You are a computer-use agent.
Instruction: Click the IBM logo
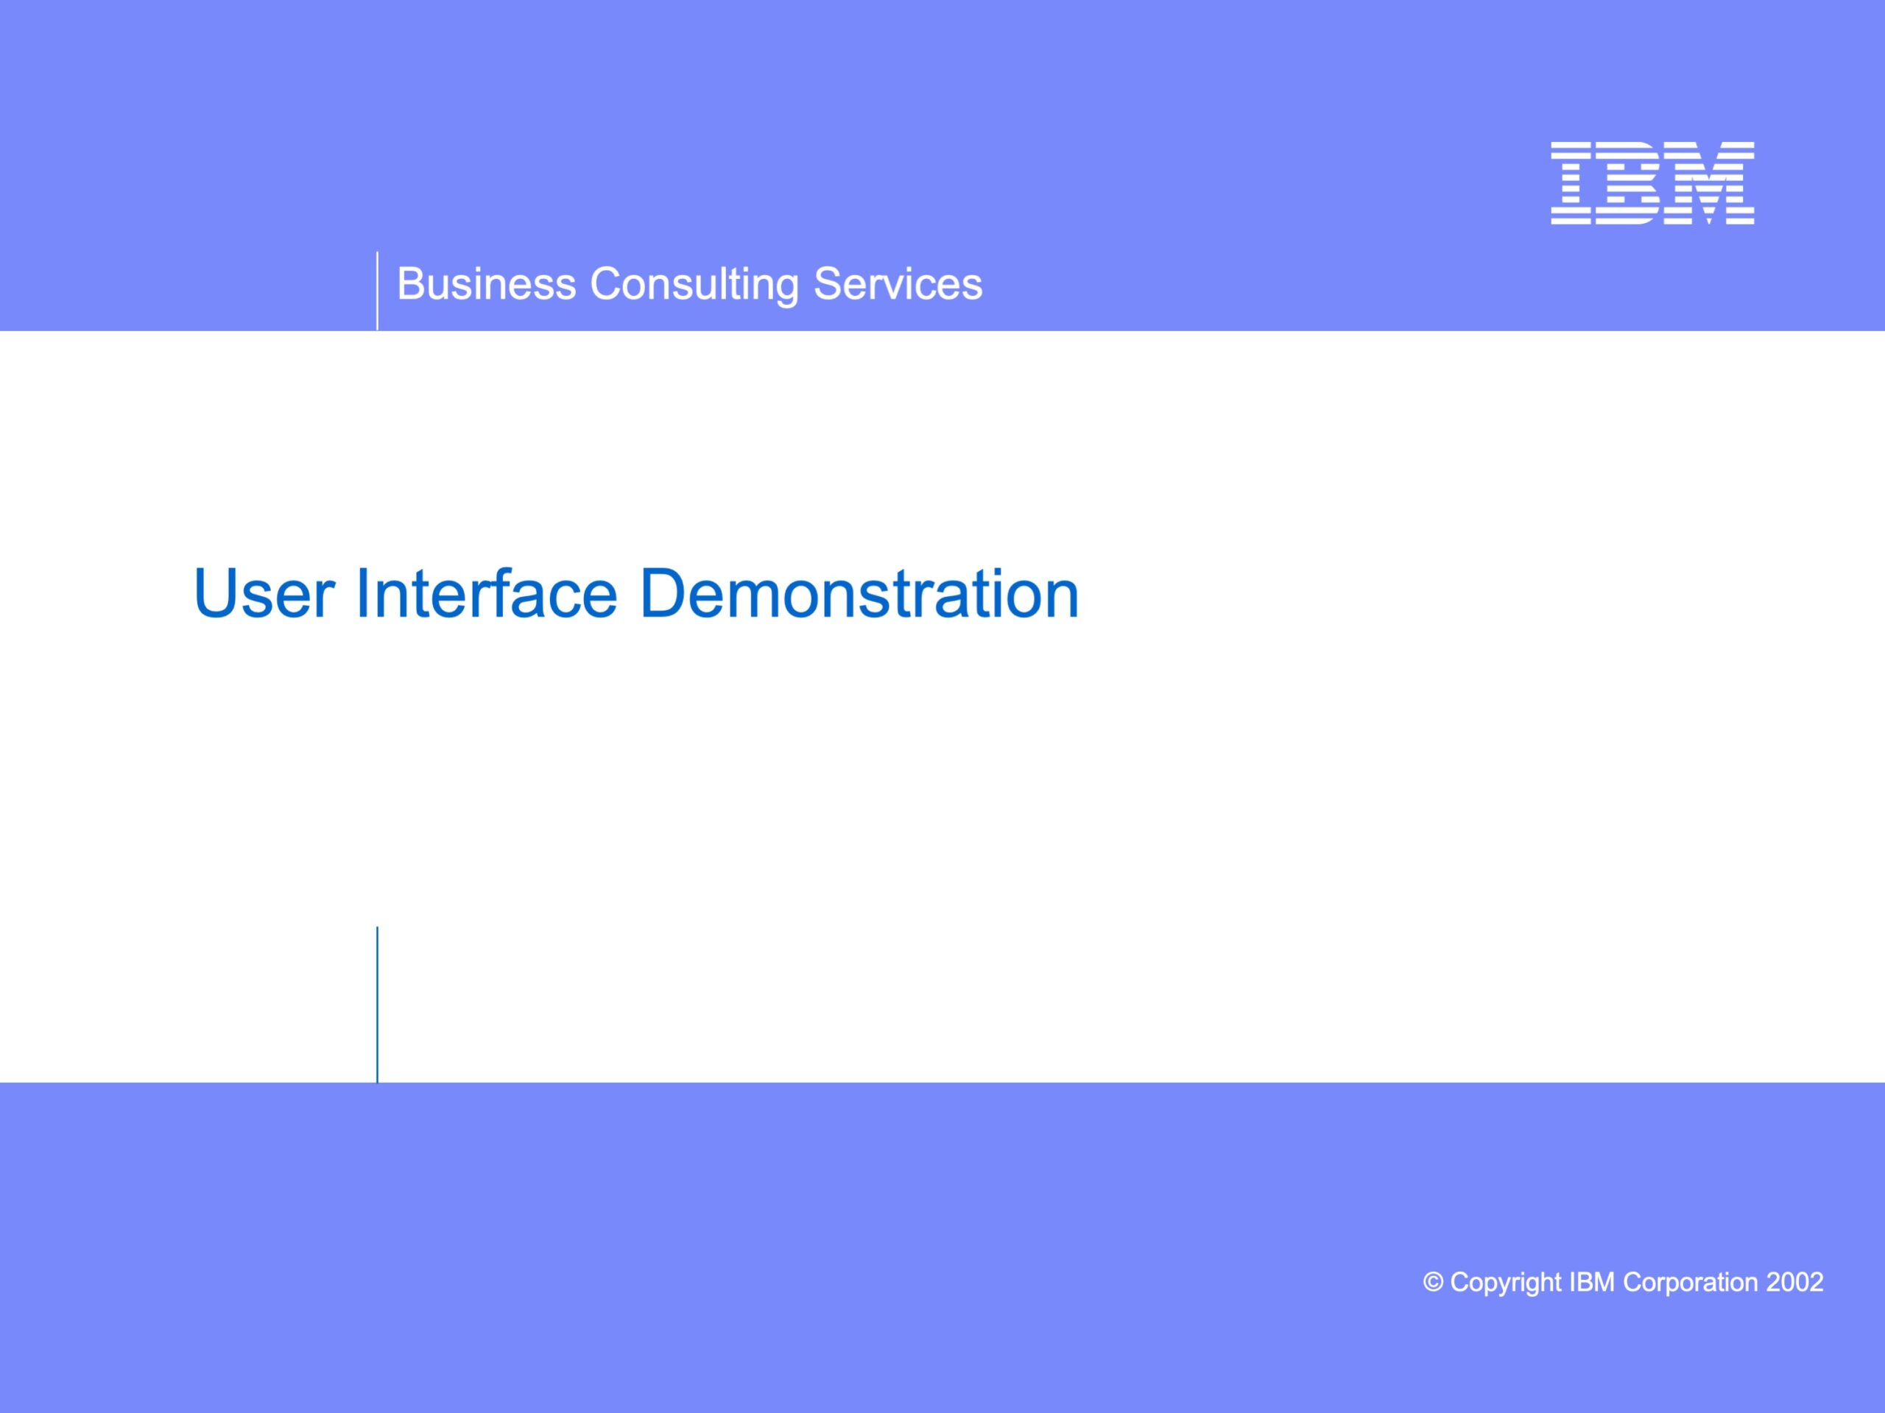pyautogui.click(x=1652, y=183)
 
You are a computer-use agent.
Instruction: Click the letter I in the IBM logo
pyautogui.click(x=1571, y=183)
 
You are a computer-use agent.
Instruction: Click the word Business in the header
pyautogui.click(x=487, y=283)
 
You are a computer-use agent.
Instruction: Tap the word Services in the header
pyautogui.click(x=898, y=283)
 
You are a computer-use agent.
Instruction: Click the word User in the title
pyautogui.click(x=264, y=594)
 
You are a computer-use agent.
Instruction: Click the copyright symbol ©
pyautogui.click(x=1434, y=1283)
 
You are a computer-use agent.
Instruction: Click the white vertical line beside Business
pyautogui.click(x=377, y=291)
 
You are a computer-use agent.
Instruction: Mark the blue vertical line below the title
pyautogui.click(x=377, y=1004)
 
